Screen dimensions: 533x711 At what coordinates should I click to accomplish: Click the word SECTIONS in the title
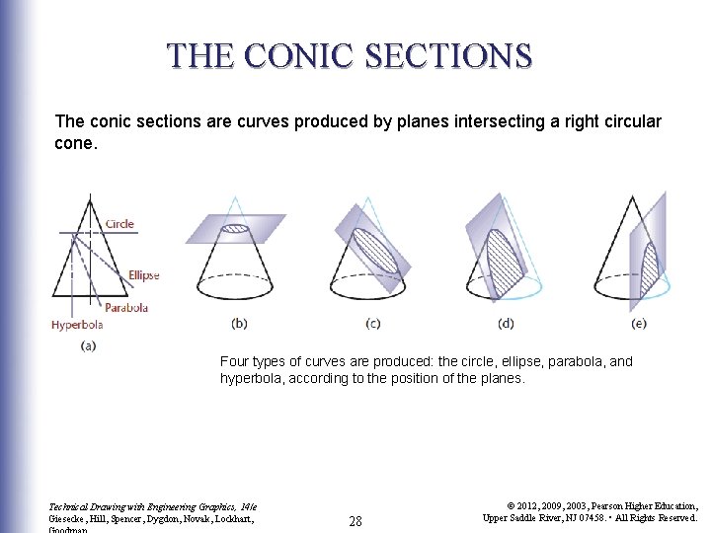pyautogui.click(x=455, y=55)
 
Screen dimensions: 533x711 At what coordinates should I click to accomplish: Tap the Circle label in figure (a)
pyautogui.click(x=119, y=224)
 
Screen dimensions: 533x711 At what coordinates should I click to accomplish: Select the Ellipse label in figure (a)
pyautogui.click(x=143, y=275)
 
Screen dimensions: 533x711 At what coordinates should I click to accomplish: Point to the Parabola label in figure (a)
pyautogui.click(x=126, y=307)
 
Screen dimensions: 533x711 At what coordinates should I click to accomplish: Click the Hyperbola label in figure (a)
pyautogui.click(x=76, y=323)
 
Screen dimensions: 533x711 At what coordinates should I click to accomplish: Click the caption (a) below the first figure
pyautogui.click(x=87, y=344)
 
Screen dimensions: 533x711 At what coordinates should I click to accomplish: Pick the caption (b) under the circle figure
pyautogui.click(x=239, y=323)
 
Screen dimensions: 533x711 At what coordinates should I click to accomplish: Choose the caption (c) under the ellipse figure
pyautogui.click(x=372, y=323)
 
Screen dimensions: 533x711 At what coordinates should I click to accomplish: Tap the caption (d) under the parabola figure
pyautogui.click(x=507, y=323)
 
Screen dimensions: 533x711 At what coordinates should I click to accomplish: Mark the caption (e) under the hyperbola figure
pyautogui.click(x=640, y=323)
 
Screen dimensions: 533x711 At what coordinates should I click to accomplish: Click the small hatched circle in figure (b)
pyautogui.click(x=235, y=228)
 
